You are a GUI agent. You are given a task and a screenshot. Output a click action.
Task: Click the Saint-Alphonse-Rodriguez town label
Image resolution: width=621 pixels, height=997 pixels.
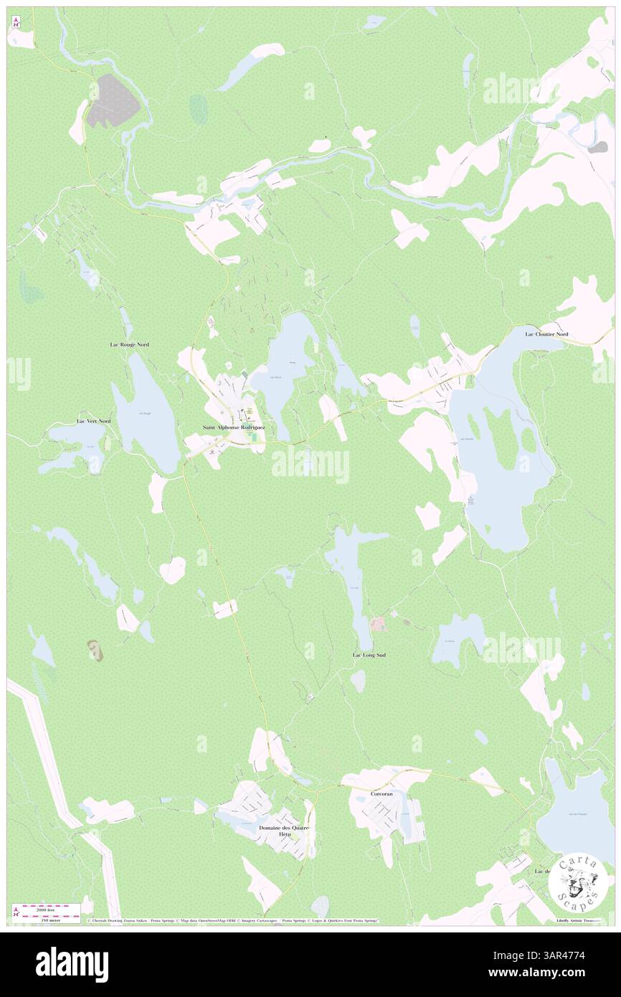tap(234, 427)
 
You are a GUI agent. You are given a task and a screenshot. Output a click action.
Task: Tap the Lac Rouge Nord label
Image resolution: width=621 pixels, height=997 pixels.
tap(130, 345)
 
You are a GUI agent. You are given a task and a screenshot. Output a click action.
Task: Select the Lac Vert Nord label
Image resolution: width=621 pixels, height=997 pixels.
tap(95, 420)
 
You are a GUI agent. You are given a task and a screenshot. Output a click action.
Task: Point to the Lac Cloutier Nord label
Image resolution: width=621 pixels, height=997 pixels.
tap(546, 334)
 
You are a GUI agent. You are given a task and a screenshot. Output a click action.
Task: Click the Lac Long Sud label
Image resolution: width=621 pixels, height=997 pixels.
tap(369, 655)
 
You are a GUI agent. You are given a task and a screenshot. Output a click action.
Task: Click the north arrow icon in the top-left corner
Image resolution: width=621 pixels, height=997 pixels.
tap(16, 22)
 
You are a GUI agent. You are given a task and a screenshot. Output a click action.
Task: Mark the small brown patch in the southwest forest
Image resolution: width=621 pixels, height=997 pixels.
tap(95, 650)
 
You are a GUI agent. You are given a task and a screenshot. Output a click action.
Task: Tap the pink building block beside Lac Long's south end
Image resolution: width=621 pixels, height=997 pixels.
tap(377, 624)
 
